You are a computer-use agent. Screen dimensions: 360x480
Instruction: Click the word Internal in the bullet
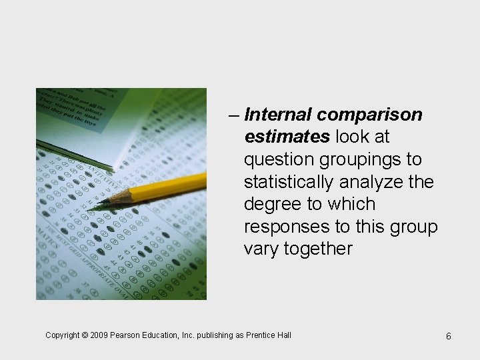click(278, 115)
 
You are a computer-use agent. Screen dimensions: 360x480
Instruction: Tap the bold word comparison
click(369, 115)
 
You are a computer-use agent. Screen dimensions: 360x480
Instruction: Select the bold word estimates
click(287, 137)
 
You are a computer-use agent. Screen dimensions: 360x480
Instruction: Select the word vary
click(261, 249)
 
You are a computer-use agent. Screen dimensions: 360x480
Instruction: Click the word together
click(318, 249)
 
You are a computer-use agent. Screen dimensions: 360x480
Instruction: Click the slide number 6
click(449, 336)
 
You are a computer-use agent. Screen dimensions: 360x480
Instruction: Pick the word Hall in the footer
click(283, 335)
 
